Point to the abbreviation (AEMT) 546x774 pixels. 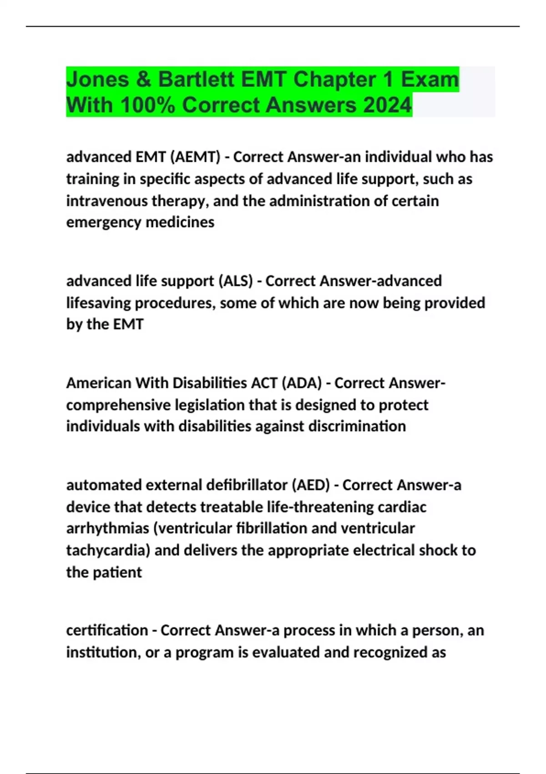(x=195, y=157)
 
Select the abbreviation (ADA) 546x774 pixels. (x=301, y=383)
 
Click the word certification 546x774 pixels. (x=107, y=630)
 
